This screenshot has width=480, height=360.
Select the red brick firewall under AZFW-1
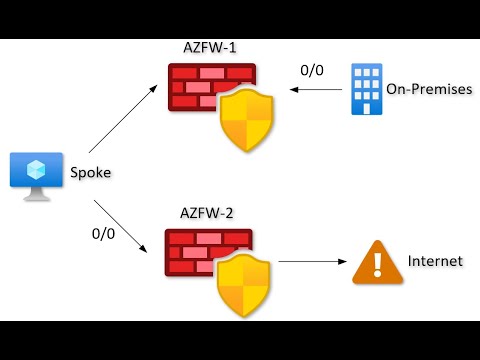coord(200,90)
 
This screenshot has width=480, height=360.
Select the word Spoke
coord(90,173)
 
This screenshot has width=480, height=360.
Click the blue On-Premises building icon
coord(366,90)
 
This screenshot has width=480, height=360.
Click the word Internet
coord(435,262)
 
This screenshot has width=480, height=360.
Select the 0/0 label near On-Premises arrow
coord(313,70)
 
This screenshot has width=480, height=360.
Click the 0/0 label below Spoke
coord(103,234)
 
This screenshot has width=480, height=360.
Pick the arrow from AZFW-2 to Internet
coord(310,263)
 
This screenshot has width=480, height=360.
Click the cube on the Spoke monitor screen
coord(37,167)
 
